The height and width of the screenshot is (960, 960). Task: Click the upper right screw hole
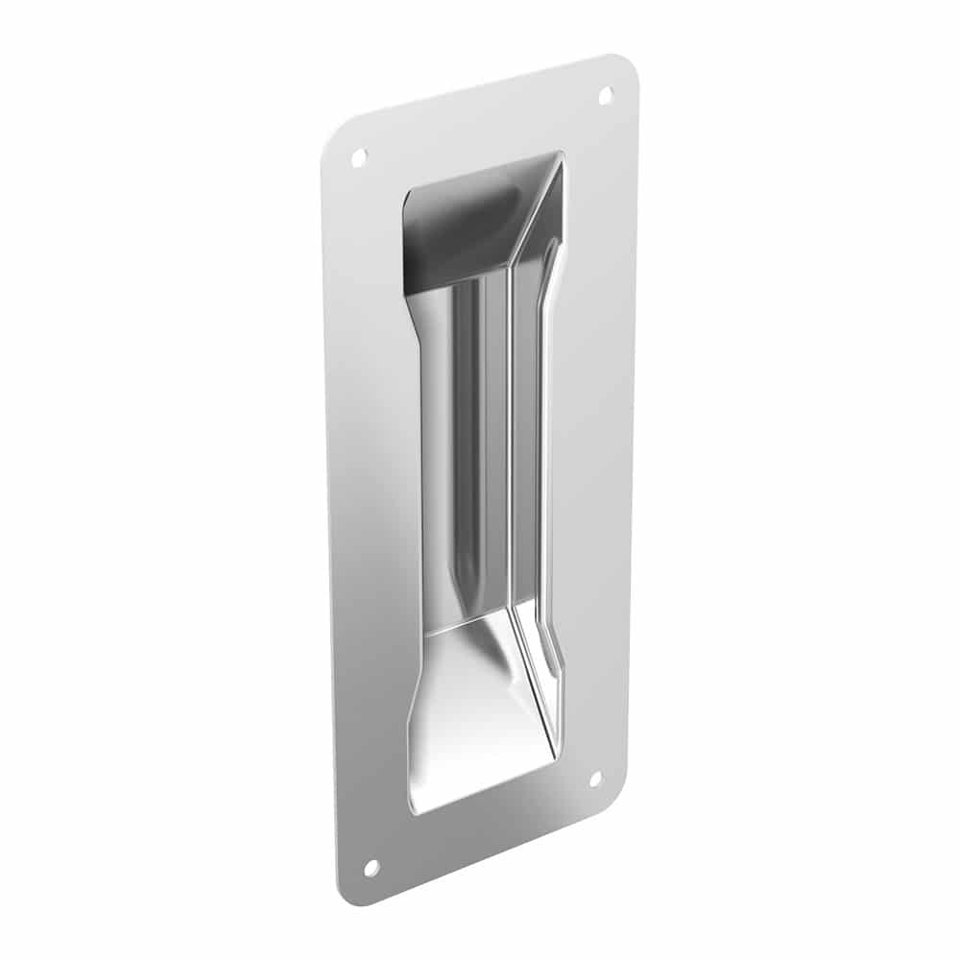coord(606,94)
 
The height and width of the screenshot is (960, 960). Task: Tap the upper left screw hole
coord(359,156)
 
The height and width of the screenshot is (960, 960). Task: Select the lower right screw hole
coord(594,779)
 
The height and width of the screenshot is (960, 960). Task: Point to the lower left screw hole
coord(371,867)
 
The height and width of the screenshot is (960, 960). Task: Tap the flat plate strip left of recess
coord(370,499)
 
